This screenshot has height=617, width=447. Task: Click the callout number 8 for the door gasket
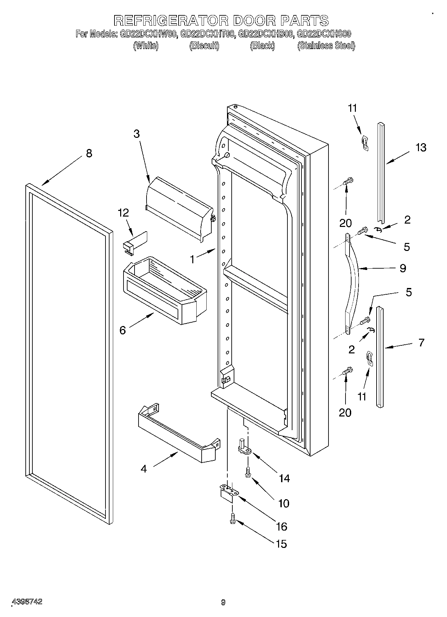coord(89,153)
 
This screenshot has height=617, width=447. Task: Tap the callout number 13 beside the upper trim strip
coord(421,147)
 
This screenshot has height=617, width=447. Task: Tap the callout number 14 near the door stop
coord(284,478)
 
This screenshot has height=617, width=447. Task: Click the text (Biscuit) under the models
coord(204,46)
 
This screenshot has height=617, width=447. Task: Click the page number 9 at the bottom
coord(223,602)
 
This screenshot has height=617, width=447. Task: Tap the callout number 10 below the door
coord(284,503)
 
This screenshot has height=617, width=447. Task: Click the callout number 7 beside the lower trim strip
coord(421,342)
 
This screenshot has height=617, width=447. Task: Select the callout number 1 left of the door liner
coord(192,259)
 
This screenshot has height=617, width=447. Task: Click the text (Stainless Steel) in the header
coord(326,46)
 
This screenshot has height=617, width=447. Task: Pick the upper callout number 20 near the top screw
coord(345,223)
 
